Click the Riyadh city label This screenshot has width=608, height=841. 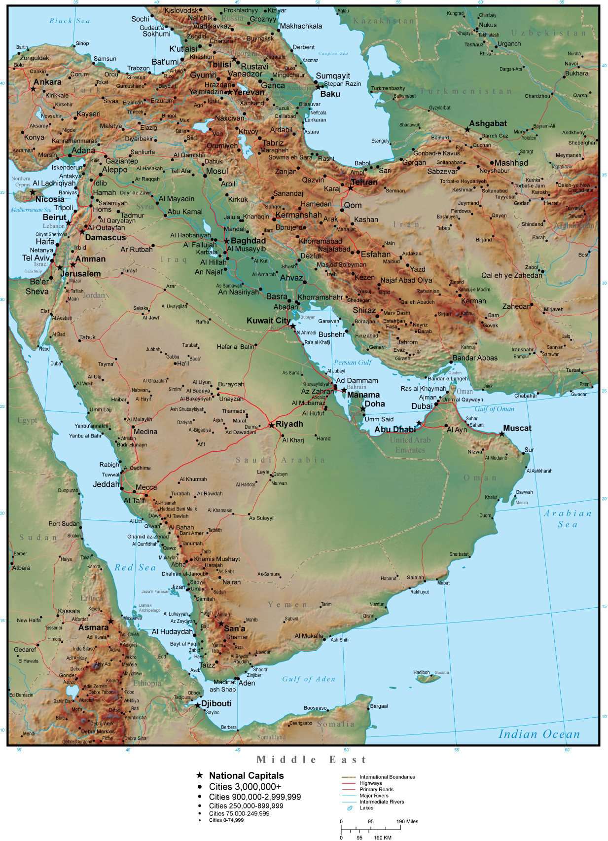289,424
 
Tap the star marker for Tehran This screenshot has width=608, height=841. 351,188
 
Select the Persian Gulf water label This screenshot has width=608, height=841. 353,363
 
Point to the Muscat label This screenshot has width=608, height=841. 517,428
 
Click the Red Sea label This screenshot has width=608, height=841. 135,568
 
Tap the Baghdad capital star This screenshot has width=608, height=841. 226,241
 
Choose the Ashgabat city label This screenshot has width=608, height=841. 488,123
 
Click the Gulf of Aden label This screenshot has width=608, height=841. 309,679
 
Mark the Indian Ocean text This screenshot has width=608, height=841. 539,734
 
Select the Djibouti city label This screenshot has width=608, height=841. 216,703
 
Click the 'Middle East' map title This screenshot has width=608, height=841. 312,760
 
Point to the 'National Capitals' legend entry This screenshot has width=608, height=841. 246,776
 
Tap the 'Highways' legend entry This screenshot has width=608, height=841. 370,783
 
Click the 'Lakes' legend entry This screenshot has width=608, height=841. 366,808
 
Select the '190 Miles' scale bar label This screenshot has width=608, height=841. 407,821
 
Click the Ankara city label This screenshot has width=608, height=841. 47,82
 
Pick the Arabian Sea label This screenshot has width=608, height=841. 568,519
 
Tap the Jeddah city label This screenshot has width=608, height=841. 106,484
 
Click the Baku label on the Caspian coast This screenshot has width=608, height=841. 330,94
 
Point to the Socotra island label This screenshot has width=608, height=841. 442,672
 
